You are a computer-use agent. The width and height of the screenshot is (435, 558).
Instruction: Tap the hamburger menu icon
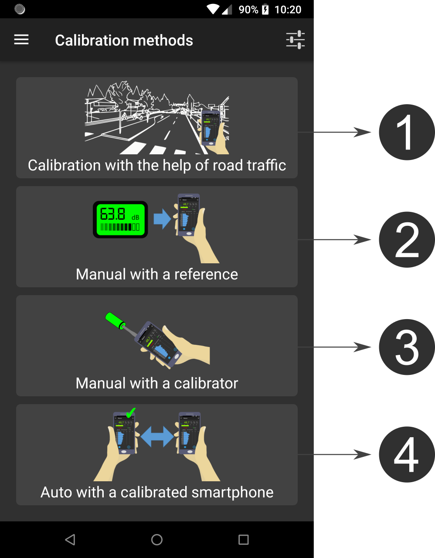coord(21,40)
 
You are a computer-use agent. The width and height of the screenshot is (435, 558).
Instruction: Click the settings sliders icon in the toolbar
coord(295,40)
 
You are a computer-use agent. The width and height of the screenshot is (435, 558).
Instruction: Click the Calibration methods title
coord(124,41)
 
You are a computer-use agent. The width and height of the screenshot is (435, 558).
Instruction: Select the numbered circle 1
coord(406,133)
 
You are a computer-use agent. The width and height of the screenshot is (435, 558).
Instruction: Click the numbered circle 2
coord(406,240)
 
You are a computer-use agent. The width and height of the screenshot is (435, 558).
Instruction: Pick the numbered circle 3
coord(406,347)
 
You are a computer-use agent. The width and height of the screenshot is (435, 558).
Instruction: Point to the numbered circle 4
coord(406,454)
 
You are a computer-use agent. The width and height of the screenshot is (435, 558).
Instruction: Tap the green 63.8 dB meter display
coord(120,219)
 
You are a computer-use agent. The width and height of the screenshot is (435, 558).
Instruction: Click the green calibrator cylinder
coord(115,320)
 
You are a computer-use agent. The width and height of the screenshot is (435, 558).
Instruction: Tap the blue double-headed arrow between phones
coord(157,436)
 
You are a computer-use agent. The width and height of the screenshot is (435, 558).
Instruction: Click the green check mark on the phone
coord(130,412)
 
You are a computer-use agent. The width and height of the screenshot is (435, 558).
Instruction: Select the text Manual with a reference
coord(157,274)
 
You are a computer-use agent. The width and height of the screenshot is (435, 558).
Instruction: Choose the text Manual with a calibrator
coord(157,383)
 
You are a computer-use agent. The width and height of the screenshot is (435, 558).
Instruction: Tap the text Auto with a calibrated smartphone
coord(157,492)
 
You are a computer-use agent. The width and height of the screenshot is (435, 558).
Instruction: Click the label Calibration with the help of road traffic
coord(157,165)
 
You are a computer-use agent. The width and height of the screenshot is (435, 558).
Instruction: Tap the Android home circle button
coord(157,540)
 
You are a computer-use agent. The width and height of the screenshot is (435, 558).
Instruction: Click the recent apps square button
coord(244,540)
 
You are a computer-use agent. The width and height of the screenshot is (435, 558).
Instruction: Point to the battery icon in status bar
coord(265,10)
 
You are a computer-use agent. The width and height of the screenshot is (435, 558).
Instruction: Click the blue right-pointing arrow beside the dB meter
coord(162,219)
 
